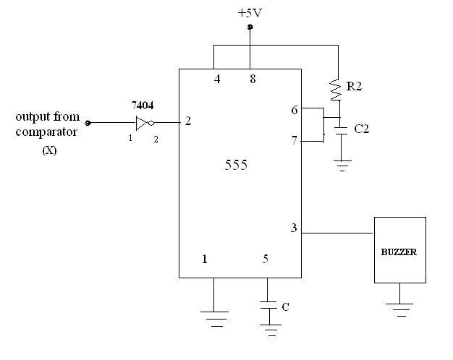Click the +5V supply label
250,12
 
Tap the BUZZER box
399,250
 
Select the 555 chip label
235,166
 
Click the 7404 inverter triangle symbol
143,123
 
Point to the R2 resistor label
355,87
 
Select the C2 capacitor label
362,129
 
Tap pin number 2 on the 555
188,121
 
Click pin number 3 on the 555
293,228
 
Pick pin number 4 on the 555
217,79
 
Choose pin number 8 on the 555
252,79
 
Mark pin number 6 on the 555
294,110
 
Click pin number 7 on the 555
294,140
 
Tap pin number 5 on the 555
266,259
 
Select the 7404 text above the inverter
143,105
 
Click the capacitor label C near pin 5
285,307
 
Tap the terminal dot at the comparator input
88,123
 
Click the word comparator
46,132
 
